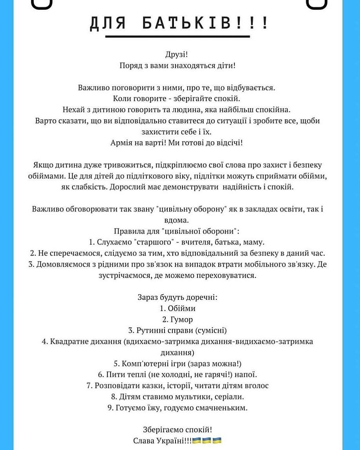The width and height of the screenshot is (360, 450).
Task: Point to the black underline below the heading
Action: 177,36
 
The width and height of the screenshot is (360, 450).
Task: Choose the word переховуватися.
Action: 230,276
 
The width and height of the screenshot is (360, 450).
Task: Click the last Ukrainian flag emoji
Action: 217,441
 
